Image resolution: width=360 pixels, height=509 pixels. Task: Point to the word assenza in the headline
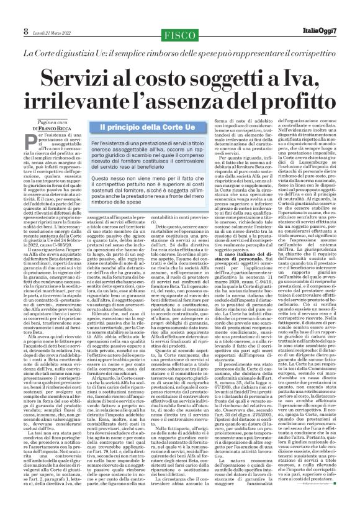pyautogui.click(x=200, y=108)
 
